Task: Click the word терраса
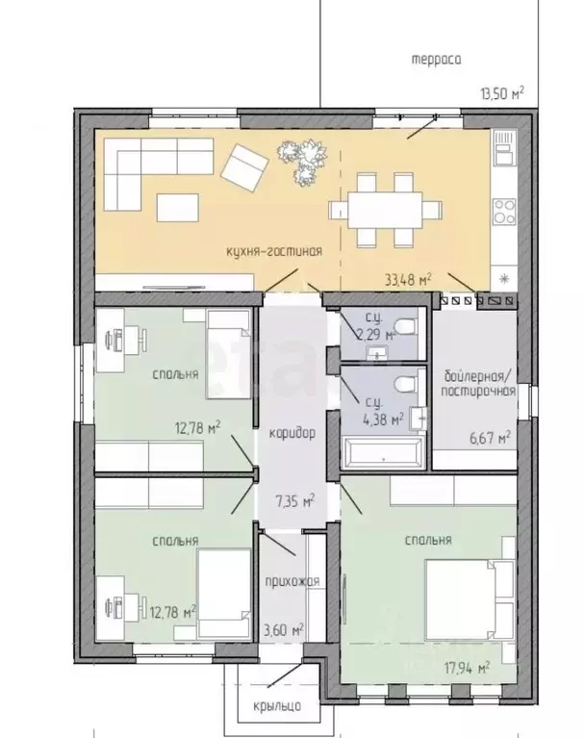coord(436,61)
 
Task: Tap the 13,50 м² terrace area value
coord(502,93)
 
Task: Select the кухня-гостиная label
coord(274,251)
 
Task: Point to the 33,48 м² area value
coord(409,280)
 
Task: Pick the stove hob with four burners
coord(504,212)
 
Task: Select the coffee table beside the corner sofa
coord(177,208)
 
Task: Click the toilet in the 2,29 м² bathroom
coord(407,326)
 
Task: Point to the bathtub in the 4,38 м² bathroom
coord(384,452)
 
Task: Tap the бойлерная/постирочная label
coord(478,384)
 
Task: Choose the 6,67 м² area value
coord(491,438)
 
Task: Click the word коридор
coord(292,433)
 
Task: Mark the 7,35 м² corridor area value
coord(294,501)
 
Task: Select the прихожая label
coord(292,582)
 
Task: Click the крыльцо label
coord(277,706)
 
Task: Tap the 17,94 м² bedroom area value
coord(468,668)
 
